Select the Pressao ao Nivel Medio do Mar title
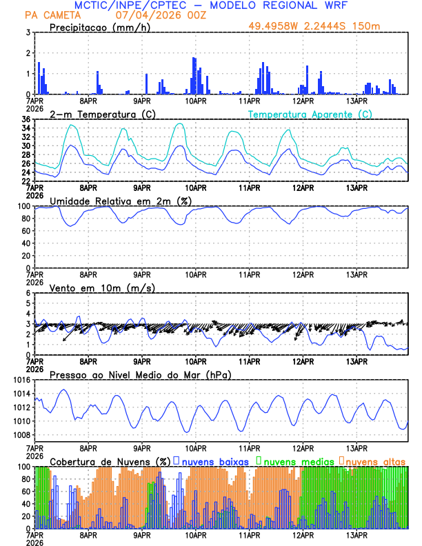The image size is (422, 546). (x=140, y=374)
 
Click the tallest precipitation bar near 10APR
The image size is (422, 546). (x=194, y=76)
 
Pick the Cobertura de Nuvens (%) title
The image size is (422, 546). (x=109, y=461)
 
